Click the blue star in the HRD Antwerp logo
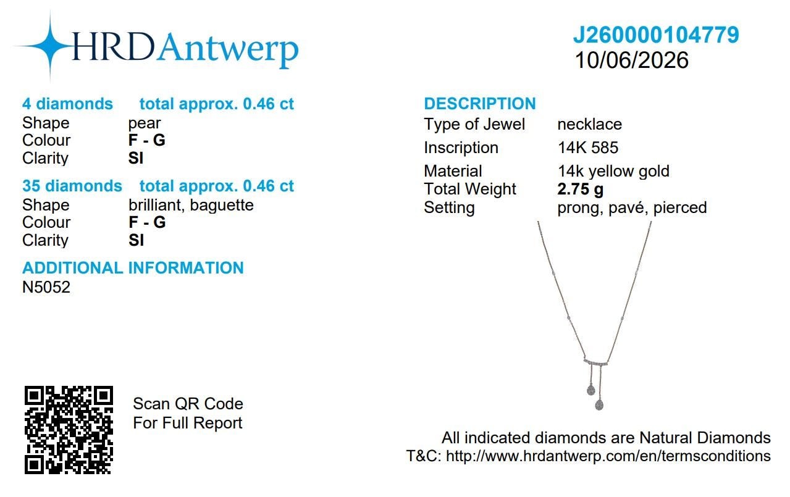click(50, 46)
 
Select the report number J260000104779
click(655, 35)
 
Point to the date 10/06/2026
click(631, 60)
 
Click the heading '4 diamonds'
click(67, 104)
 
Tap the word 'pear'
click(145, 123)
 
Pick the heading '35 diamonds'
click(72, 186)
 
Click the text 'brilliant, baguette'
click(191, 206)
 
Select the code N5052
click(46, 287)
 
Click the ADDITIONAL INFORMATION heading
click(133, 268)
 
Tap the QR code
click(69, 430)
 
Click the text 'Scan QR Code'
click(188, 404)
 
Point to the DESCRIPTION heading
click(480, 104)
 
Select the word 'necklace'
click(590, 124)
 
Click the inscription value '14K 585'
click(588, 148)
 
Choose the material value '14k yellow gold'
click(614, 172)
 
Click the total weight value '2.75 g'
click(580, 190)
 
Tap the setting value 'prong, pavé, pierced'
click(632, 208)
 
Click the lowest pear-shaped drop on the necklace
click(599, 404)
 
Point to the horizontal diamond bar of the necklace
click(596, 362)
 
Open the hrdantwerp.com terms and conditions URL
click(608, 456)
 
